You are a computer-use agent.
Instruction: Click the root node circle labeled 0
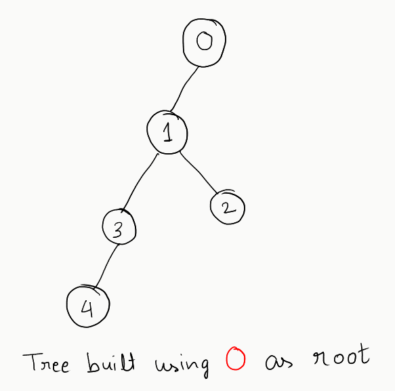pyautogui.click(x=184, y=43)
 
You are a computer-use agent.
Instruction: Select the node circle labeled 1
pyautogui.click(x=148, y=132)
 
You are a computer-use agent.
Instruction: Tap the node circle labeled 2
pyautogui.click(x=211, y=207)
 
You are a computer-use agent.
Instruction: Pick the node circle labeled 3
pyautogui.click(x=103, y=227)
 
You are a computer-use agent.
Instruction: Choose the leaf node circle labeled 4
pyautogui.click(x=67, y=306)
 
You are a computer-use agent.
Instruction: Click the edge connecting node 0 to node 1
pyautogui.click(x=184, y=88)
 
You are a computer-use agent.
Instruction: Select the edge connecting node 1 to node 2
pyautogui.click(x=199, y=172)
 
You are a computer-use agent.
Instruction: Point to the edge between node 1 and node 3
pyautogui.click(x=138, y=182)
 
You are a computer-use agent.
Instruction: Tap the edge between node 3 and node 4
pyautogui.click(x=106, y=266)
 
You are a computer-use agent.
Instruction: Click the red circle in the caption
pyautogui.click(x=226, y=358)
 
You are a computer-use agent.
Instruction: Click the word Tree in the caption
pyautogui.click(x=46, y=363)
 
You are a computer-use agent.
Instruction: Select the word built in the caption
pyautogui.click(x=111, y=363)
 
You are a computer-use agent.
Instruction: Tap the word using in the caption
pyautogui.click(x=182, y=365)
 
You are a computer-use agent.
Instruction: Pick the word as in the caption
pyautogui.click(x=278, y=363)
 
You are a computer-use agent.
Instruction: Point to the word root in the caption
pyautogui.click(x=341, y=355)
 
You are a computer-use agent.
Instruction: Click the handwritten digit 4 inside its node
pyautogui.click(x=87, y=308)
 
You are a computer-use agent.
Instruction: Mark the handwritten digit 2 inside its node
pyautogui.click(x=228, y=208)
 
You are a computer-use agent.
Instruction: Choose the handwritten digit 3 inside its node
pyautogui.click(x=118, y=230)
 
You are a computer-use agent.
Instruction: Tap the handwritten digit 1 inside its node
pyautogui.click(x=168, y=132)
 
